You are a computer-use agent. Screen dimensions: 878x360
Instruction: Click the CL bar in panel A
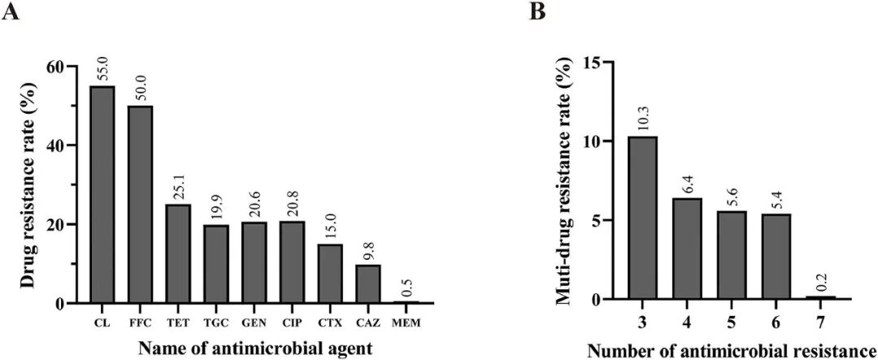[x=102, y=195]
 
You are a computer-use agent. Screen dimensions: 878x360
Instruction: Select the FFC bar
[x=140, y=204]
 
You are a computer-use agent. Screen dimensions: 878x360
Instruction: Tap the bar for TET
[x=177, y=254]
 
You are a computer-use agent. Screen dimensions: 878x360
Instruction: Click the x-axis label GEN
[x=254, y=323]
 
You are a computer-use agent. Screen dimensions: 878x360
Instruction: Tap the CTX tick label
[x=329, y=323]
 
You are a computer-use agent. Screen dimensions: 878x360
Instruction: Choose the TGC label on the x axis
[x=215, y=323]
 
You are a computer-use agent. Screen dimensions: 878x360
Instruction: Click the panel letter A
[x=11, y=11]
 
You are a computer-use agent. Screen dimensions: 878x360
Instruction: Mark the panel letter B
[x=537, y=11]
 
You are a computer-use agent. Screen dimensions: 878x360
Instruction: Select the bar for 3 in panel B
[x=642, y=217]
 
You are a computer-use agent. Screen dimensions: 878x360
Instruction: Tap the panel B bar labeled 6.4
[x=687, y=248]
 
